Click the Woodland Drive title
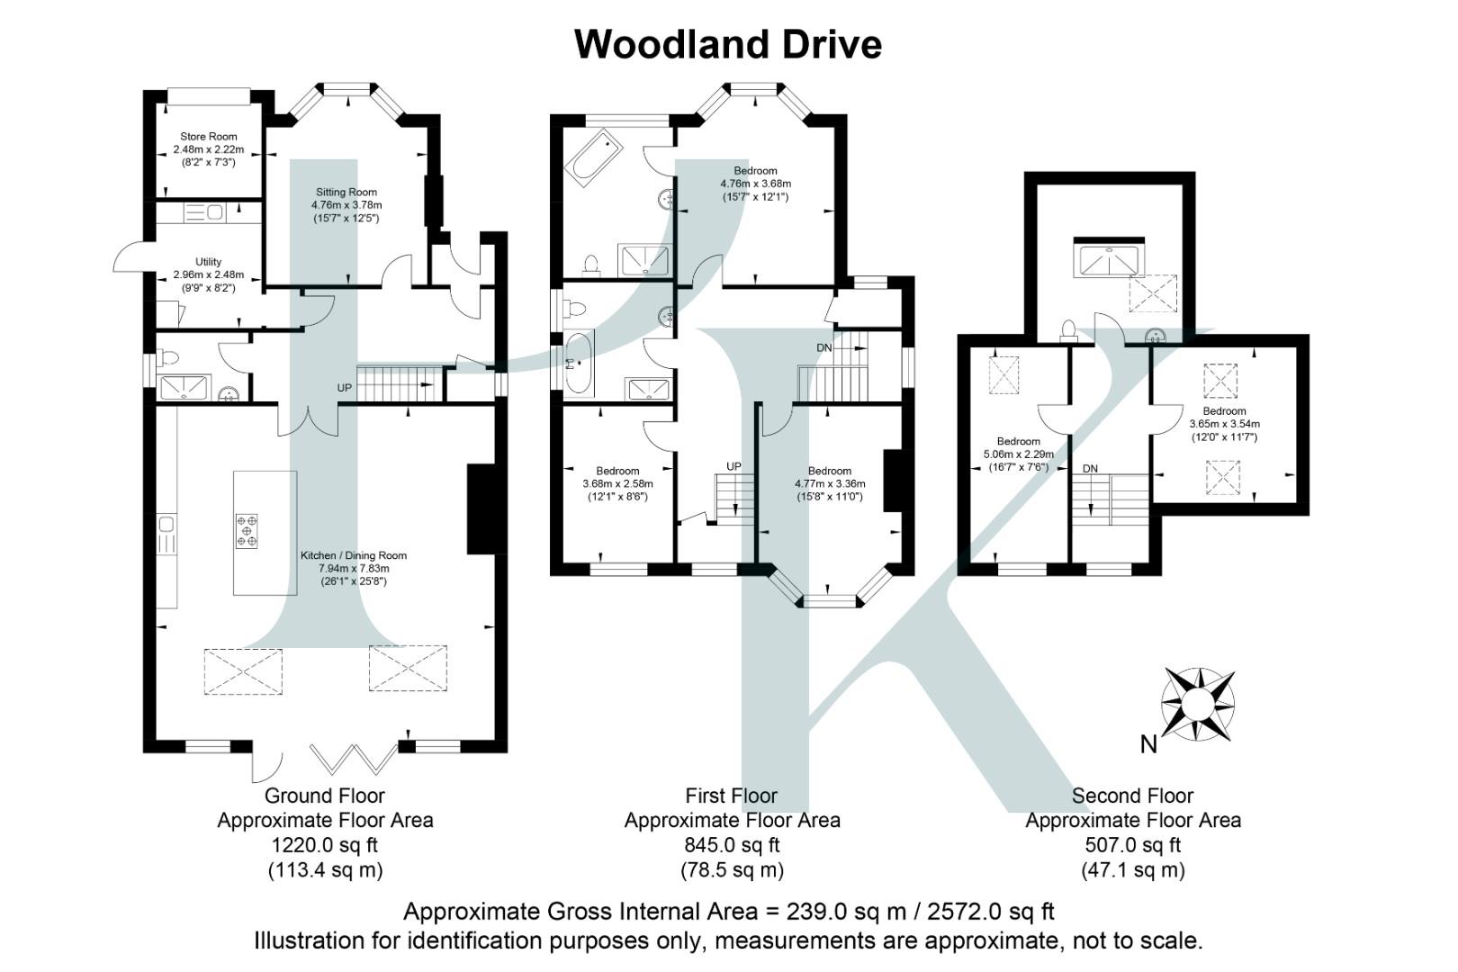(x=728, y=45)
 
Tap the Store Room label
(x=209, y=137)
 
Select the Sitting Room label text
(x=346, y=193)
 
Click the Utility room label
(x=208, y=262)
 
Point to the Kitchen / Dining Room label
(x=354, y=556)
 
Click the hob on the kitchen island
(x=247, y=530)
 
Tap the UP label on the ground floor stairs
(x=345, y=388)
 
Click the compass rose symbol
(x=1197, y=703)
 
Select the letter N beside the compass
(x=1148, y=744)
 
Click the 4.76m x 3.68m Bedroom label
(x=755, y=171)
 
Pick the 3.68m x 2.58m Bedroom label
(x=617, y=471)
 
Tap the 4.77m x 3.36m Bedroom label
(x=829, y=471)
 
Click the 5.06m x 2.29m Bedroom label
(x=1018, y=442)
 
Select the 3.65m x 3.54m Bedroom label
(x=1224, y=411)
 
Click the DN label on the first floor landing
(x=824, y=348)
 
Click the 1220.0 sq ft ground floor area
(x=325, y=845)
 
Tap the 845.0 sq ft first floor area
(x=732, y=845)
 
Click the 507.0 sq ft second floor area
(x=1132, y=845)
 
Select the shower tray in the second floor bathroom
(x=1109, y=260)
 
